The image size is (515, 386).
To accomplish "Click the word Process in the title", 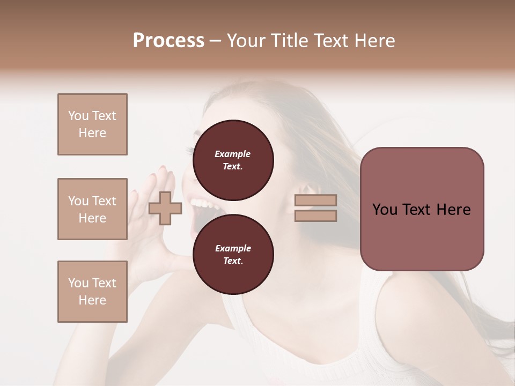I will [168, 40].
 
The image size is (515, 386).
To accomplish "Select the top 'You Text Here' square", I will [92, 124].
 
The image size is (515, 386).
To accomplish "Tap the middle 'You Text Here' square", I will [92, 209].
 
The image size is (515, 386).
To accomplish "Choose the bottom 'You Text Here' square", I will [92, 292].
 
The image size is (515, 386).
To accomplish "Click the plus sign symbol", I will [165, 208].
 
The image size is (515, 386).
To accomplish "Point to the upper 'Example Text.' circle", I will [233, 160].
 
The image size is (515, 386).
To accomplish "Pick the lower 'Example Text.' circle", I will [233, 255].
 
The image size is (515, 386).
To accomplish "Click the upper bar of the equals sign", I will [315, 201].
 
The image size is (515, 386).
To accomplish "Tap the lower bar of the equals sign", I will [315, 216].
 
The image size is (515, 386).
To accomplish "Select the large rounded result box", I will [422, 209].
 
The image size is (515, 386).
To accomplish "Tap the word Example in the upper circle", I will [232, 154].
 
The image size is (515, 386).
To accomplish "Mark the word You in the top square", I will [78, 116].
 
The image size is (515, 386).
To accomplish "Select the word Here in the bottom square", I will [92, 300].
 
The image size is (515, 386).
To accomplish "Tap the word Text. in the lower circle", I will [233, 261].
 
